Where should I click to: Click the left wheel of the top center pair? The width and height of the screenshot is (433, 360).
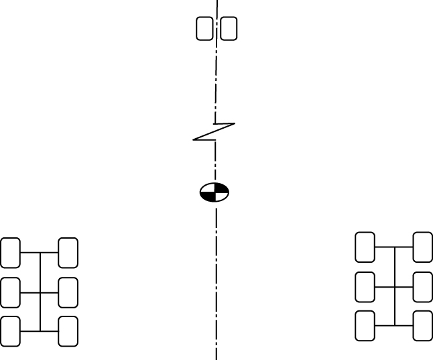click(204, 29)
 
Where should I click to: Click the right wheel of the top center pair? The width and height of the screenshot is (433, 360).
click(229, 29)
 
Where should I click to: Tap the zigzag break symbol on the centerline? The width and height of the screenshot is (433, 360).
click(214, 131)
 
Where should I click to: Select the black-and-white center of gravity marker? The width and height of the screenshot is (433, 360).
click(214, 192)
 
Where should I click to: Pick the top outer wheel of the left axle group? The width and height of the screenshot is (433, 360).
click(10, 253)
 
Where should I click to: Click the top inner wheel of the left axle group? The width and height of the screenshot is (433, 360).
click(68, 253)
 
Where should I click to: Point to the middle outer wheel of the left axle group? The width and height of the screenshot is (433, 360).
click(10, 292)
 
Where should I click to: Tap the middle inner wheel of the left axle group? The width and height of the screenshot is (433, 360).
click(68, 292)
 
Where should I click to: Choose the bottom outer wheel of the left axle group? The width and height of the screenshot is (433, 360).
click(10, 331)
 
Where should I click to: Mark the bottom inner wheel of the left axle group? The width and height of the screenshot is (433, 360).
click(68, 331)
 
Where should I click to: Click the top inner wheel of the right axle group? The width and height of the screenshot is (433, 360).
click(365, 247)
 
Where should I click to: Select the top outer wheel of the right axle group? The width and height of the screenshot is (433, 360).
click(423, 247)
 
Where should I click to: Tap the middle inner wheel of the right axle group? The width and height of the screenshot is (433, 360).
click(365, 287)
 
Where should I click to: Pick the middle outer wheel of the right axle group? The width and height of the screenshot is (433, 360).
click(423, 287)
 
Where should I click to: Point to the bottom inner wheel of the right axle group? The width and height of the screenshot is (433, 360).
click(365, 326)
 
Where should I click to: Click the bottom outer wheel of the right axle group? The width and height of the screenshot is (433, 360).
click(423, 326)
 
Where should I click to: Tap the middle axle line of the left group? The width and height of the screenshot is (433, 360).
click(30, 292)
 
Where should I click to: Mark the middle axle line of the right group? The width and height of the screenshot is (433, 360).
click(385, 287)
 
